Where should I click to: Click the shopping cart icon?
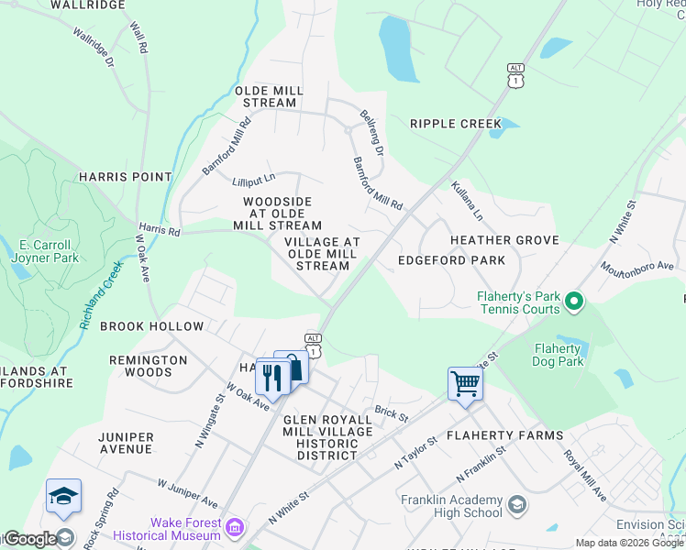coord(465,383)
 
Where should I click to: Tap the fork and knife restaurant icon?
coord(272,376)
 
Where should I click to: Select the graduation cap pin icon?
coord(63,496)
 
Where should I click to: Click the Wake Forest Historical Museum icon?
coord(236,528)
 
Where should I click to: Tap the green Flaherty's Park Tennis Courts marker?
coord(574,301)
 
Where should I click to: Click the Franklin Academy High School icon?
coord(517,505)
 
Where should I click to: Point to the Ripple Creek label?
coord(456,124)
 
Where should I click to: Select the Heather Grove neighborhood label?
coord(504,240)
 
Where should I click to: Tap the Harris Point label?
coord(125,177)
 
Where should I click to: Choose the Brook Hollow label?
coord(151,326)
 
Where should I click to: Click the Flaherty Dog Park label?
coord(558,355)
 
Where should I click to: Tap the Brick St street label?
coord(391,413)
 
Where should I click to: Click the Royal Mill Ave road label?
coord(584,476)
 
